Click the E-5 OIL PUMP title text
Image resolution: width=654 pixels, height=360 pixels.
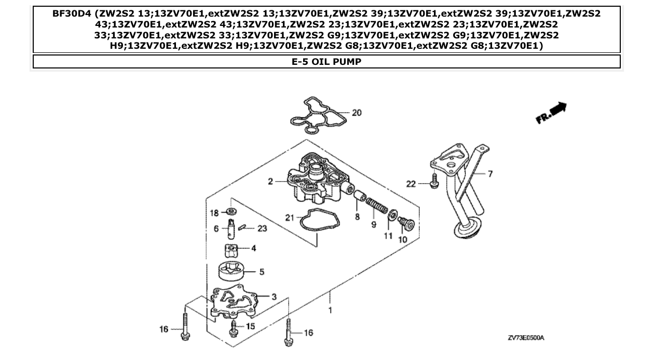[326, 62]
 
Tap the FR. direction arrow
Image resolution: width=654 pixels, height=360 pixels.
[551, 113]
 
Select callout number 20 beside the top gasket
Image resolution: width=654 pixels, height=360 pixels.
[357, 113]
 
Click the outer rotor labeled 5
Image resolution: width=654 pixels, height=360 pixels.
[232, 271]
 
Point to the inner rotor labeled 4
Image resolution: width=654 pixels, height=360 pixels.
[232, 251]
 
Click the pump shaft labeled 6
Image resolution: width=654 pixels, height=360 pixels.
[231, 228]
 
